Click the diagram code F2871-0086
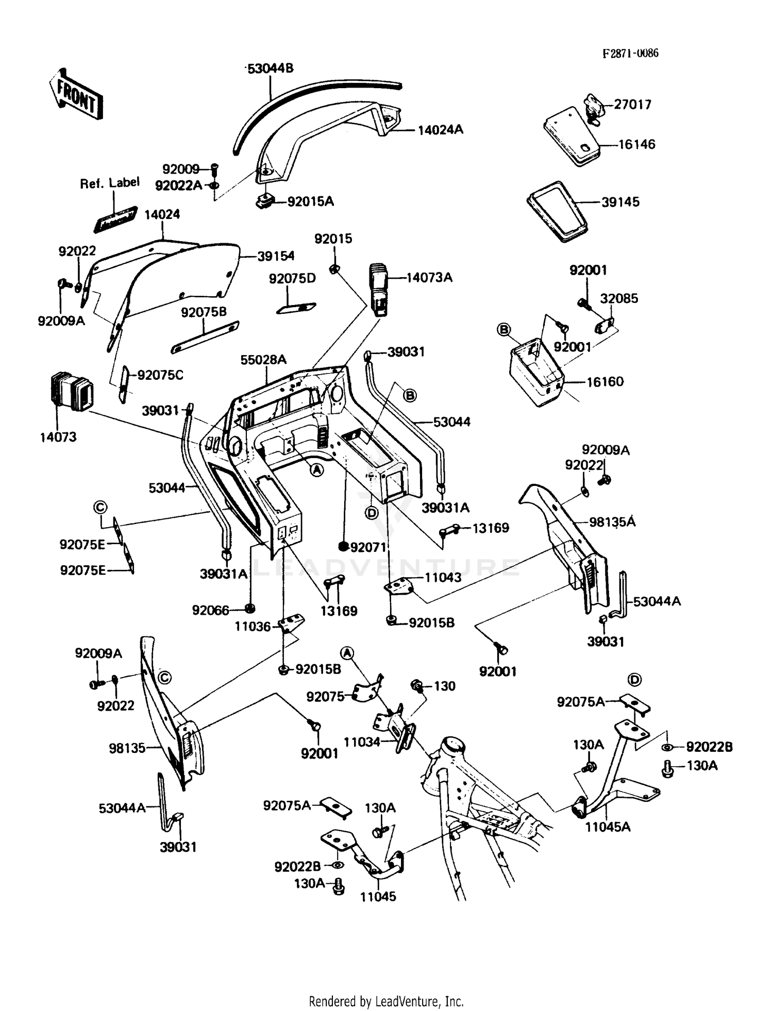click(x=630, y=54)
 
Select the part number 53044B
click(x=270, y=69)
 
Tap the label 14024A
click(x=440, y=130)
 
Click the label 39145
click(x=620, y=202)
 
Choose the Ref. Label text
click(x=109, y=182)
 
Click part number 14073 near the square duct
click(x=58, y=437)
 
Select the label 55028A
click(x=263, y=360)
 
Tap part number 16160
click(x=605, y=382)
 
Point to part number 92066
click(x=210, y=610)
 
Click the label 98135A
click(x=612, y=522)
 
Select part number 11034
click(x=362, y=742)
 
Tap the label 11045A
click(x=608, y=827)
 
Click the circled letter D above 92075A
click(x=635, y=680)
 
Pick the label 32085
click(x=619, y=298)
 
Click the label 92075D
click(x=292, y=278)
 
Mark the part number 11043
click(x=443, y=578)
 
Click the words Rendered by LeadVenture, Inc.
click(x=386, y=1001)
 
